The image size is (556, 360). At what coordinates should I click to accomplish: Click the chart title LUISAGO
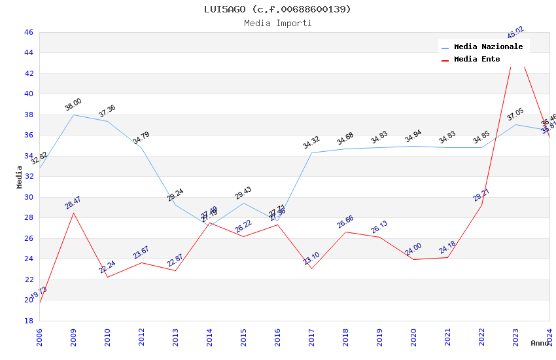coord(277,9)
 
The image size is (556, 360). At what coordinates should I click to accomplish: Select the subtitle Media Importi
coord(277,23)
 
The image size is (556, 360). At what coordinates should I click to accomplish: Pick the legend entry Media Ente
coord(477,59)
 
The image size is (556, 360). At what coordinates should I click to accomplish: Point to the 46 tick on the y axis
coord(28,32)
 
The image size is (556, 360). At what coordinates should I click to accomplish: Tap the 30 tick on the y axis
coord(28,197)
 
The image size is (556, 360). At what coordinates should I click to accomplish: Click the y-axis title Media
coord(20,177)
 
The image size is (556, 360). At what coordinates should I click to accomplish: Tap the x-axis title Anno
coord(540,343)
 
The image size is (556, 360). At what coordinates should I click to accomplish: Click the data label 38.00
coord(73,104)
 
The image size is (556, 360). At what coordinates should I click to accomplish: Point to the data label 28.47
coord(73,202)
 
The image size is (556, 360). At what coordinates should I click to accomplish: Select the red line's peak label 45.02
coord(515,33)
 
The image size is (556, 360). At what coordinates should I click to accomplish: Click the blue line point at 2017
coord(311,153)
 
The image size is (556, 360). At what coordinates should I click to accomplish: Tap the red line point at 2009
coord(73,213)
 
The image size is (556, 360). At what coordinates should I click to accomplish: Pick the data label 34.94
coord(413,136)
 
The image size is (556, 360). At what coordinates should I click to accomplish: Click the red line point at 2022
coord(481,205)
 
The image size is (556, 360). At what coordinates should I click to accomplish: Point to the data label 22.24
coord(107,266)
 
